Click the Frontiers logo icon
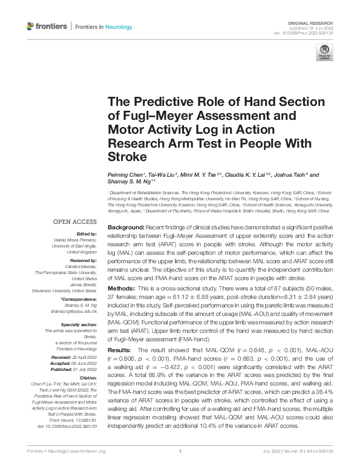click(x=31, y=26)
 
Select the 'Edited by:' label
click(x=85, y=234)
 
